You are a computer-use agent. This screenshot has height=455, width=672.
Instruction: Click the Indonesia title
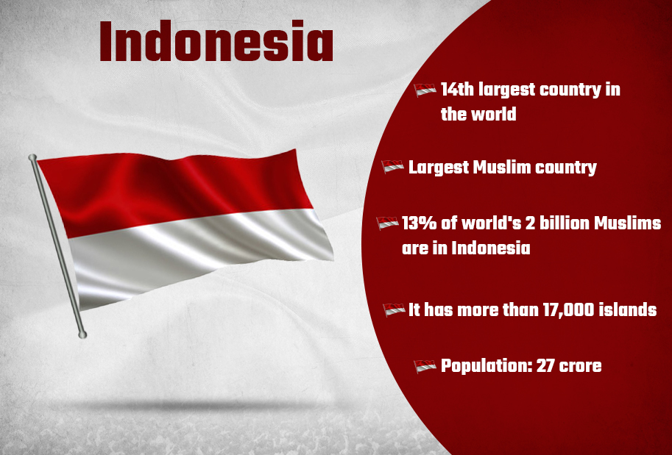(216, 41)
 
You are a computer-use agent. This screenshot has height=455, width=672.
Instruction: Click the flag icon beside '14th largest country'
(425, 90)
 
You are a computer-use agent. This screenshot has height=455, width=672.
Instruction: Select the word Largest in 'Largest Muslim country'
(438, 168)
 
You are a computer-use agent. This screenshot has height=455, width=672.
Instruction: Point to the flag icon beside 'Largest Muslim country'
(392, 166)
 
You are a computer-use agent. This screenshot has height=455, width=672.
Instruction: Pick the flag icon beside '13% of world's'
(387, 223)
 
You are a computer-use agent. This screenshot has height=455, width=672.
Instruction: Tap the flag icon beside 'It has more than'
(394, 309)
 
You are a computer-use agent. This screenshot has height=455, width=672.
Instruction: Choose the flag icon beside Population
(425, 366)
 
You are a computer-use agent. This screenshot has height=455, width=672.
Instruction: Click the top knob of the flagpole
(32, 157)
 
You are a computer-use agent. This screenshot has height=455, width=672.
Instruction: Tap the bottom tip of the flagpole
(82, 334)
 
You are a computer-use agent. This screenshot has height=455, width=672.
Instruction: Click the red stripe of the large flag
(176, 188)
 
